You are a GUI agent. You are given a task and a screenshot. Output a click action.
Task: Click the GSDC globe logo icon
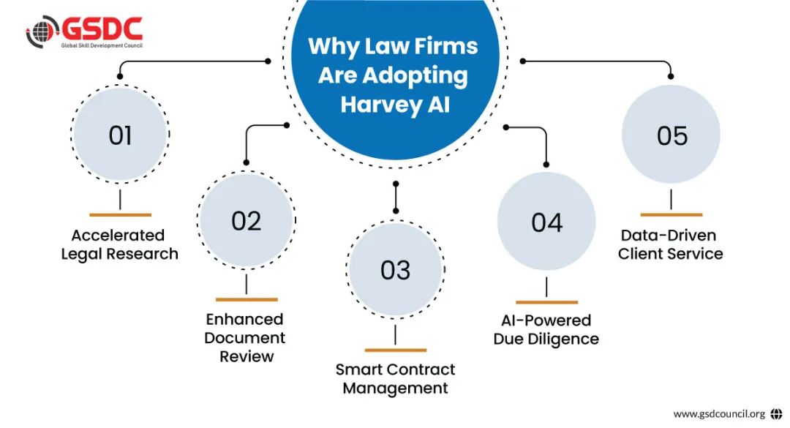click(43, 32)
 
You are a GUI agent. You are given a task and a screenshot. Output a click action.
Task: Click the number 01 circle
click(120, 135)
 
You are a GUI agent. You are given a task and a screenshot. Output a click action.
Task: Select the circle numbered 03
click(395, 270)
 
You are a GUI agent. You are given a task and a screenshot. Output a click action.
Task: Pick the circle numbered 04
click(546, 222)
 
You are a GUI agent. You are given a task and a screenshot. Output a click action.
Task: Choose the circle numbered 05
click(671, 135)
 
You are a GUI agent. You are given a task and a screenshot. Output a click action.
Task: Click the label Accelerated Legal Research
click(119, 244)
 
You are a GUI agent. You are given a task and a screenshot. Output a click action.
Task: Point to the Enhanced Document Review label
click(246, 338)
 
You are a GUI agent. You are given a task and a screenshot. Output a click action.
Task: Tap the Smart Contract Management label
click(395, 378)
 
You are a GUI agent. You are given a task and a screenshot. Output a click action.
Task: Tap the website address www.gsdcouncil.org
click(718, 414)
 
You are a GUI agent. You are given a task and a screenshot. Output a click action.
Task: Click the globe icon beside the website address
click(776, 414)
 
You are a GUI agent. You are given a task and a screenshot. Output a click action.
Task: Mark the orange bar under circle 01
click(120, 215)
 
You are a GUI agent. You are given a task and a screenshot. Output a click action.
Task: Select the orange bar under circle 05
click(671, 215)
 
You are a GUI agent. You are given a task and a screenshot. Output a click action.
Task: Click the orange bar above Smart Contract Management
click(395, 350)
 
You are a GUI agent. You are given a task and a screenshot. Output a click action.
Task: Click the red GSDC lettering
click(102, 29)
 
